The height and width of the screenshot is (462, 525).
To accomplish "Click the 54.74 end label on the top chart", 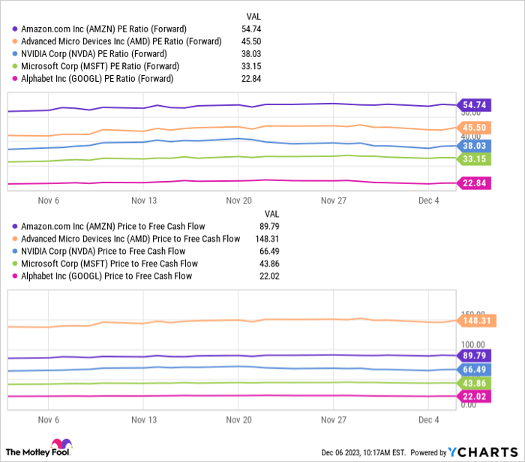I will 474,106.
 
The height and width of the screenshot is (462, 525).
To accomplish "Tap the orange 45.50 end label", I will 474,128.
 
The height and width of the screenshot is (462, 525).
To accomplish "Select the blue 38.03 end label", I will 474,146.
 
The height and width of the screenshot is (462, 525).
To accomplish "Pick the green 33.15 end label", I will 474,159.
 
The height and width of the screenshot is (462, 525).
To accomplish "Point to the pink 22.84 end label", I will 474,183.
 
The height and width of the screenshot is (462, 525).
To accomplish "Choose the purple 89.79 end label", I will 474,355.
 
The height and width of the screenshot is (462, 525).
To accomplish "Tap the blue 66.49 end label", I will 474,369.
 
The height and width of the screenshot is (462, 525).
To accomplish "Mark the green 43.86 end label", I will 474,383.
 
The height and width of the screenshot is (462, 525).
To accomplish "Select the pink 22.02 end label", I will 474,396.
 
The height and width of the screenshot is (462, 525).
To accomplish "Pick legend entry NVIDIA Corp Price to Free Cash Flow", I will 103,251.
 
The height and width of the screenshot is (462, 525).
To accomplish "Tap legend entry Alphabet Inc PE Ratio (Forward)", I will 97,78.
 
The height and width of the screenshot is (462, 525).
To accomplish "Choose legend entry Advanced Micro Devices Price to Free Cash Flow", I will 130,239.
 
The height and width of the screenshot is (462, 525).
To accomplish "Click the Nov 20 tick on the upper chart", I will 238,201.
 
